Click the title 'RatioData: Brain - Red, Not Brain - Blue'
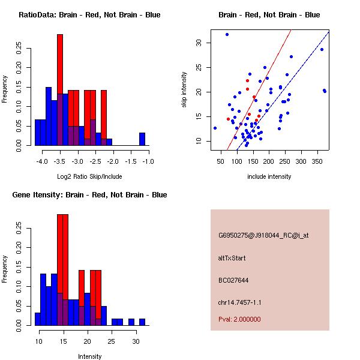click(89, 15)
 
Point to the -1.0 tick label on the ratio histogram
click(148, 161)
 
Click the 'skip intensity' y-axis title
click(185, 90)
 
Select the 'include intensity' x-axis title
click(269, 176)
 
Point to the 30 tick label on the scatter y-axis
click(198, 43)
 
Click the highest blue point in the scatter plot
click(227, 34)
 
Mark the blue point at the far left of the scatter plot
click(215, 128)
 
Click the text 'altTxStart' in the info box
click(232, 258)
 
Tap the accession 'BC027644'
click(233, 280)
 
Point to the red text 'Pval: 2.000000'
click(239, 319)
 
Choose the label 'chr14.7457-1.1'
click(239, 302)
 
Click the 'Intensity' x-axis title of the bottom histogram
click(89, 356)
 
